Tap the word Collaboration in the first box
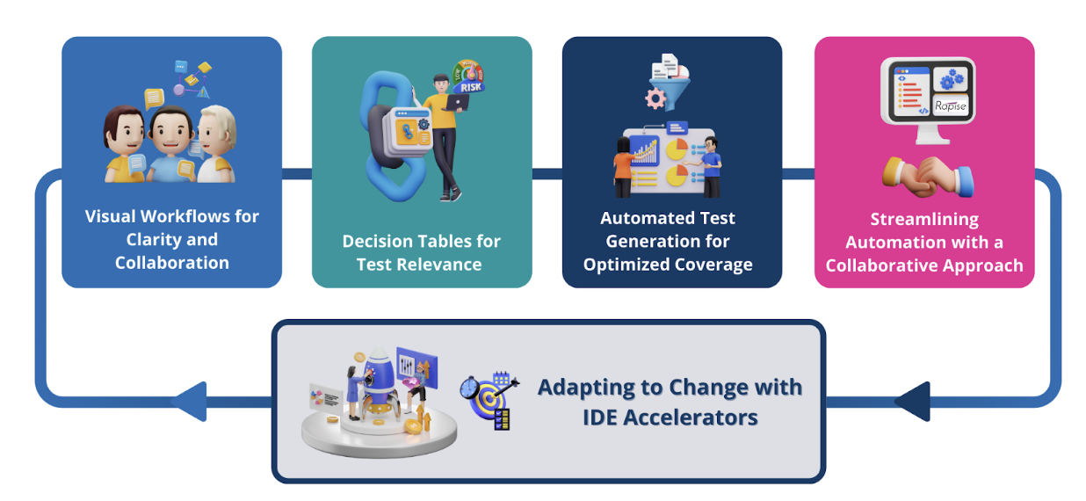[x=172, y=263]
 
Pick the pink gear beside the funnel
[x=655, y=97]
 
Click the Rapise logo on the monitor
[x=950, y=106]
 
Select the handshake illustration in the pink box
[x=927, y=175]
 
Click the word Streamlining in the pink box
[x=924, y=219]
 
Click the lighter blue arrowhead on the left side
[x=189, y=402]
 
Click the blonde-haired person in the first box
[x=214, y=144]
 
